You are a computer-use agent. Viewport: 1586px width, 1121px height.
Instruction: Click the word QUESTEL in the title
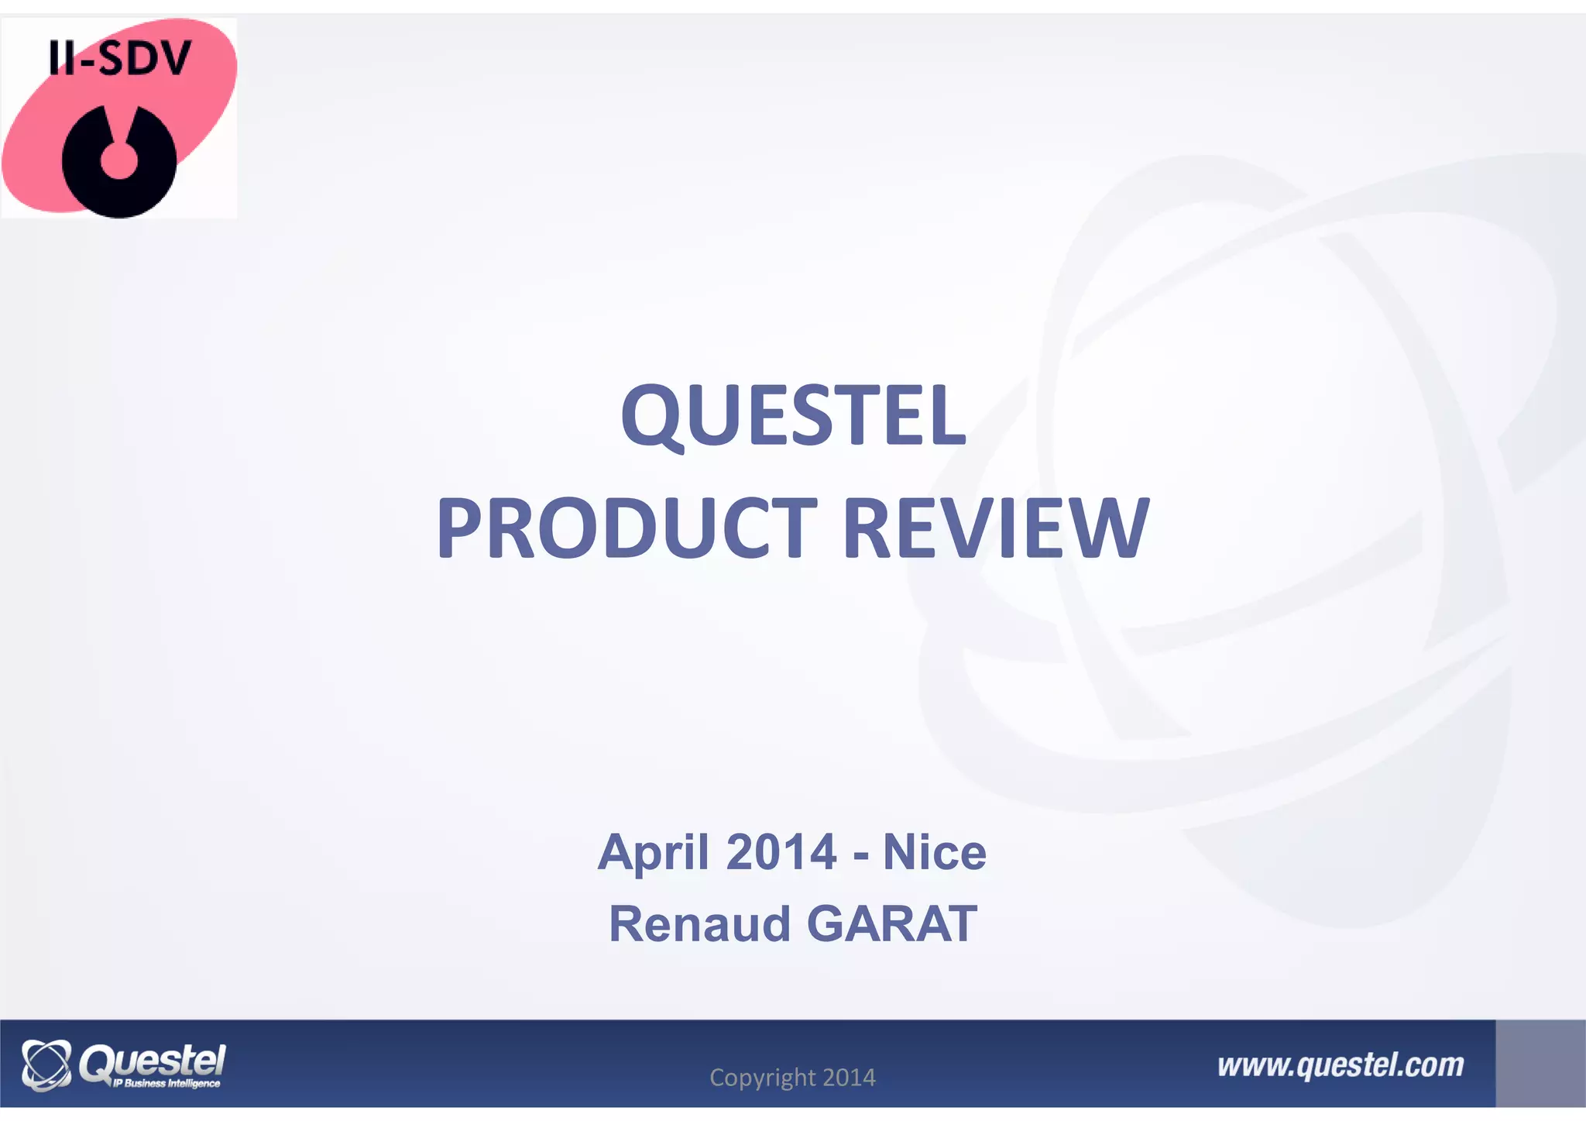click(793, 416)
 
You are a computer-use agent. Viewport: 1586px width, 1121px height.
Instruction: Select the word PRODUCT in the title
click(627, 528)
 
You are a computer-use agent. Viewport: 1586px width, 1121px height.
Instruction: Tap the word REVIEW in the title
click(995, 528)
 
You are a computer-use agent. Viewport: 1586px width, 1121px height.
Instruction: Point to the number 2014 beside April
click(781, 852)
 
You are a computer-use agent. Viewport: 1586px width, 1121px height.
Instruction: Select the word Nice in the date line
click(934, 852)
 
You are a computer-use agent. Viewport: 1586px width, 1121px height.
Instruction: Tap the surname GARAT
click(891, 924)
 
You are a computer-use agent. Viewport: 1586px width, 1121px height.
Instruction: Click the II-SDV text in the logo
click(119, 59)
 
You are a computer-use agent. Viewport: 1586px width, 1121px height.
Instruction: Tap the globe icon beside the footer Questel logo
click(46, 1065)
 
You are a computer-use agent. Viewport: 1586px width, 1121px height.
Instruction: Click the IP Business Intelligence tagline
click(166, 1083)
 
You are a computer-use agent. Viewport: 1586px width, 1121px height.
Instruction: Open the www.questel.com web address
click(1341, 1066)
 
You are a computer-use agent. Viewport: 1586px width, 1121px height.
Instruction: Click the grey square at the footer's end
click(1540, 1063)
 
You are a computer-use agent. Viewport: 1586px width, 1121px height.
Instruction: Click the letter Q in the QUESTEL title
click(652, 416)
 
